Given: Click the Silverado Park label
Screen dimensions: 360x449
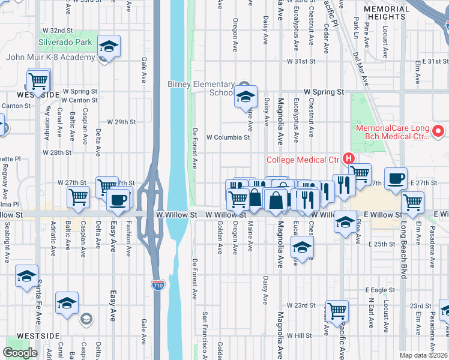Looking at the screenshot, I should pyautogui.click(x=66, y=43).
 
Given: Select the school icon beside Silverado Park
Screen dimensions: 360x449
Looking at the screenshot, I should pyautogui.click(x=109, y=46).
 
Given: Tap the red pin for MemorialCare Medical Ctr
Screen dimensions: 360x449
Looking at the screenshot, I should pyautogui.click(x=438, y=130).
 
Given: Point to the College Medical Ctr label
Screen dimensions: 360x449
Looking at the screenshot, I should pyautogui.click(x=303, y=159).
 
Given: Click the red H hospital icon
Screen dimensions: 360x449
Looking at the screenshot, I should pyautogui.click(x=348, y=159).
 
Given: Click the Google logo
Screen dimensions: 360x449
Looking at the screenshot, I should pyautogui.click(x=20, y=353).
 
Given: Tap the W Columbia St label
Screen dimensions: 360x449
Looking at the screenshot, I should pyautogui.click(x=228, y=137).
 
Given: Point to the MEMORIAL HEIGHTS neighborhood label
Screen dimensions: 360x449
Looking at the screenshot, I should pyautogui.click(x=387, y=13).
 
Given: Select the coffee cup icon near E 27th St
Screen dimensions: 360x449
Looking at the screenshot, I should pyautogui.click(x=396, y=179).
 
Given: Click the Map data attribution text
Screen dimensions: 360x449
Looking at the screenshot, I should pyautogui.click(x=424, y=355).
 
